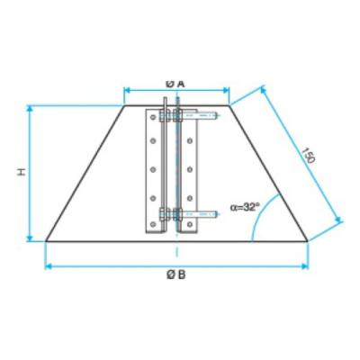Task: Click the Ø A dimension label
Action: (x=175, y=85)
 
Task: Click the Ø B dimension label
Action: (x=176, y=274)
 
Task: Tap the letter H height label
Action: (x=22, y=172)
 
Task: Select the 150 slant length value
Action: (x=308, y=156)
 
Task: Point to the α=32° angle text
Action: (x=245, y=207)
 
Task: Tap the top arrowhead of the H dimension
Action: (x=30, y=109)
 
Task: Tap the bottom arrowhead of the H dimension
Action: (x=30, y=238)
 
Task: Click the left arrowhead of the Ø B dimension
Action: (x=48, y=266)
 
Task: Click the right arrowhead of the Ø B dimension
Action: (x=305, y=266)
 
